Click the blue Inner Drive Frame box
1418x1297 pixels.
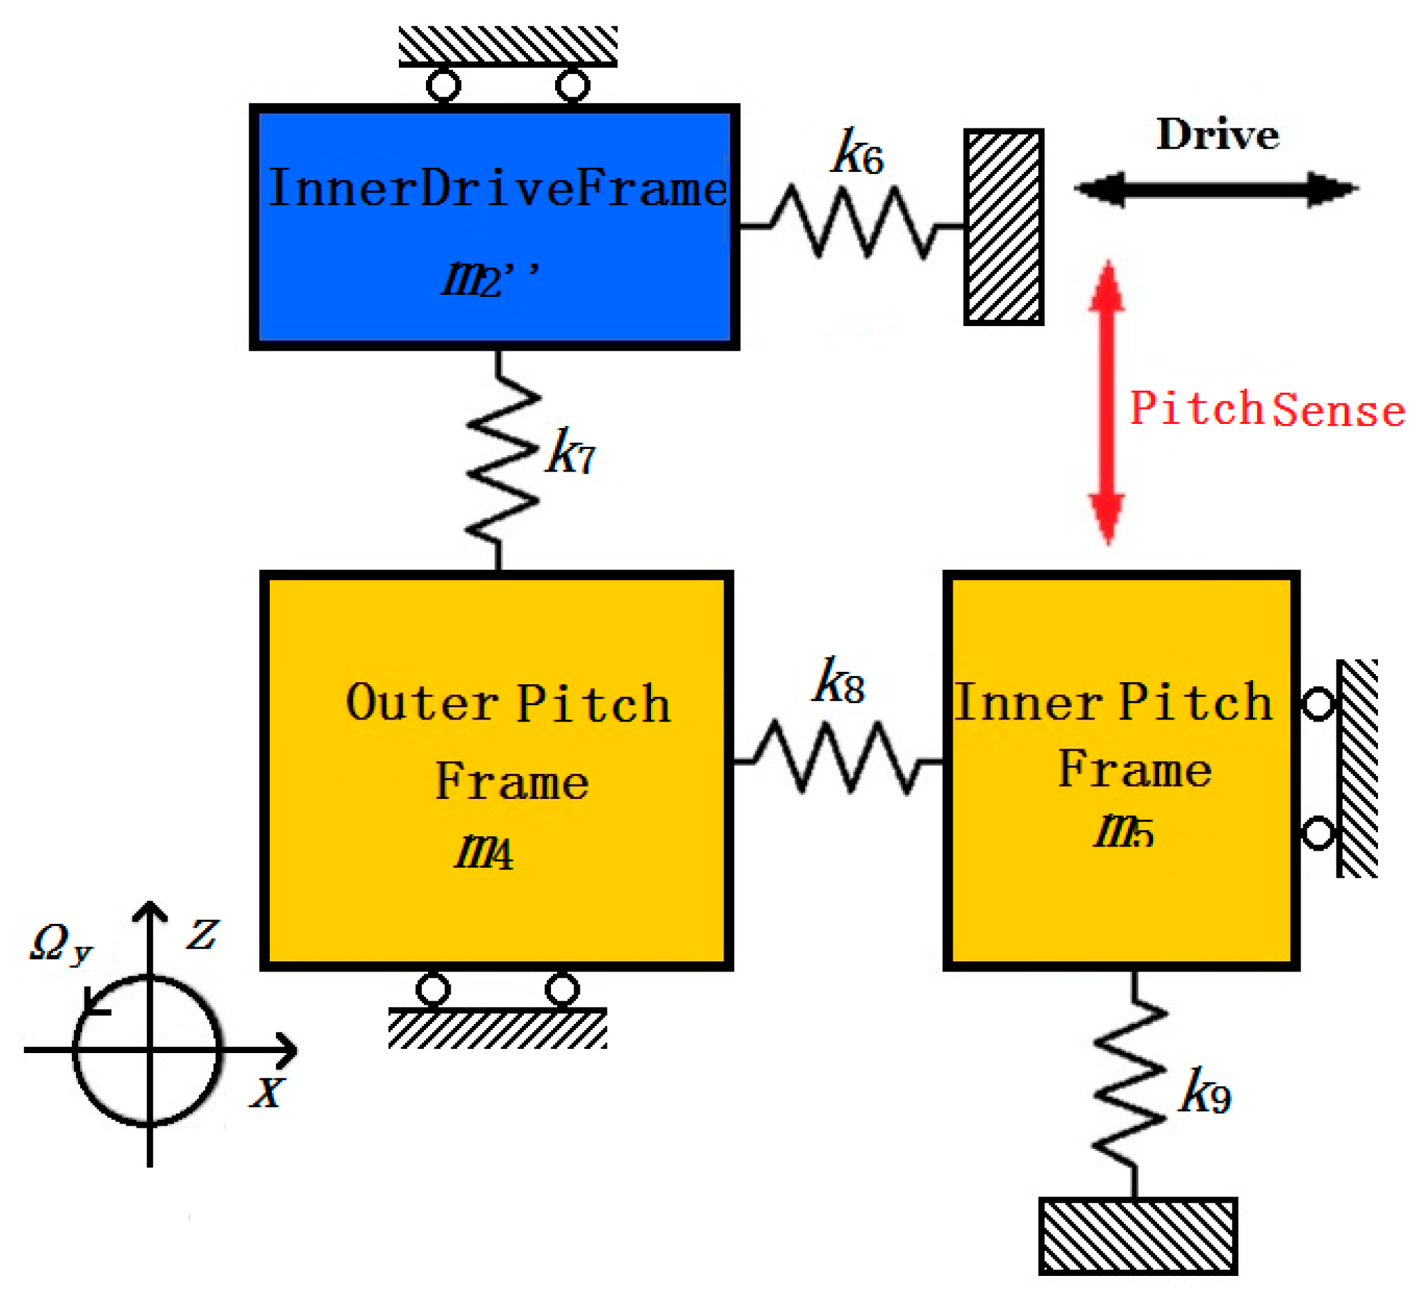tap(495, 227)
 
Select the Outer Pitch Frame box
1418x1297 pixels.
tap(497, 771)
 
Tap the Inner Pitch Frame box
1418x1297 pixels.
tap(1122, 771)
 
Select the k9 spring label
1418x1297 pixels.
tap(1205, 1091)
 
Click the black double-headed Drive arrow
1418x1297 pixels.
tap(1217, 188)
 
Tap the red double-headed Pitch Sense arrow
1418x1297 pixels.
tap(1107, 402)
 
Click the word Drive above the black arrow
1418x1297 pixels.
tap(1218, 135)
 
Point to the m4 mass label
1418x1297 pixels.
tap(484, 853)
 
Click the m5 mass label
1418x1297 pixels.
tap(1124, 832)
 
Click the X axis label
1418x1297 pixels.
tap(267, 1093)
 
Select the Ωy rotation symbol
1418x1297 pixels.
tap(61, 944)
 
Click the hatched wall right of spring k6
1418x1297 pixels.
tap(1004, 227)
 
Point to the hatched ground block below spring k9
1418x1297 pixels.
tap(1138, 1236)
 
